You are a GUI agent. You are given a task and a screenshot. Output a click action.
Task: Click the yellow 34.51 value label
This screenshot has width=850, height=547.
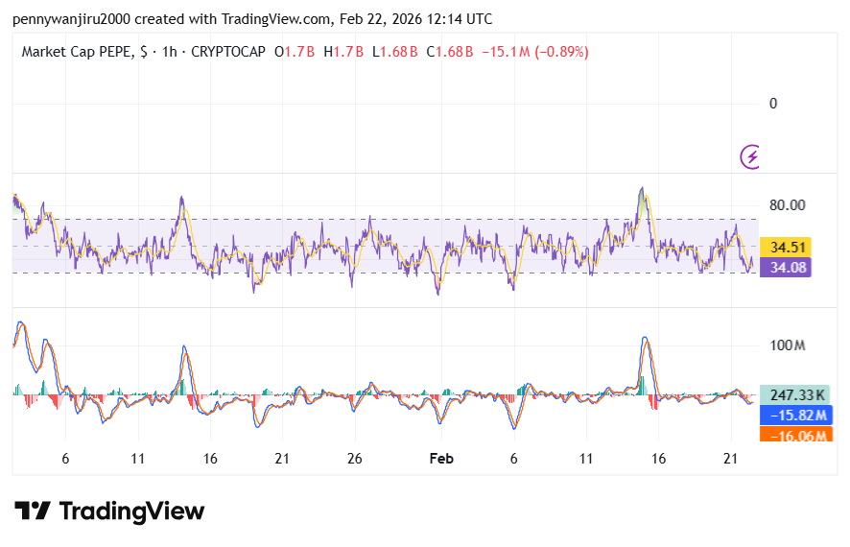(784, 248)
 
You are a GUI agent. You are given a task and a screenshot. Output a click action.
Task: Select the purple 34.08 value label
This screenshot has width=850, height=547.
(784, 268)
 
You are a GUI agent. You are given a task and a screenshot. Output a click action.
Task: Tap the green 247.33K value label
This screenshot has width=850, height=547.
(792, 394)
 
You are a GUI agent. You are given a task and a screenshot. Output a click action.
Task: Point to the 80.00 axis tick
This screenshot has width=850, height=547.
(787, 204)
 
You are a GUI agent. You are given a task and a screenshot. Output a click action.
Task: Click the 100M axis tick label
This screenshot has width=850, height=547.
(788, 345)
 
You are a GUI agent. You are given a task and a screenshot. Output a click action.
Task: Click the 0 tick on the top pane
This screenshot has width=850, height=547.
(773, 104)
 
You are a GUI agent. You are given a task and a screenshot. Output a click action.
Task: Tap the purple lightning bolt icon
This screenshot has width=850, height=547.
(752, 155)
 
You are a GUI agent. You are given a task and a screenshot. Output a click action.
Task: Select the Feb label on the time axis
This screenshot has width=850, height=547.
(440, 459)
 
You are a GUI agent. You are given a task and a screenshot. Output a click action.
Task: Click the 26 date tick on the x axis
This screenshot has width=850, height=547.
(354, 459)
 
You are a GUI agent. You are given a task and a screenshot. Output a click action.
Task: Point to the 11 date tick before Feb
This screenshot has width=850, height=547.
(138, 459)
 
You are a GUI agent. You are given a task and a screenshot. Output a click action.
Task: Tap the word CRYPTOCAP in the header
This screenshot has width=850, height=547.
(228, 52)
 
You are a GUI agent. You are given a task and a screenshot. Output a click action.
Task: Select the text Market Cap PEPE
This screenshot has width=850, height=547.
(78, 52)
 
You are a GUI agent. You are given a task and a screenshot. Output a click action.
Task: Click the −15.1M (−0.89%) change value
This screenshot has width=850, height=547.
(540, 52)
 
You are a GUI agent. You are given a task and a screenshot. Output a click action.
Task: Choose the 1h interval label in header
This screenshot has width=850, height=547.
(171, 52)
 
